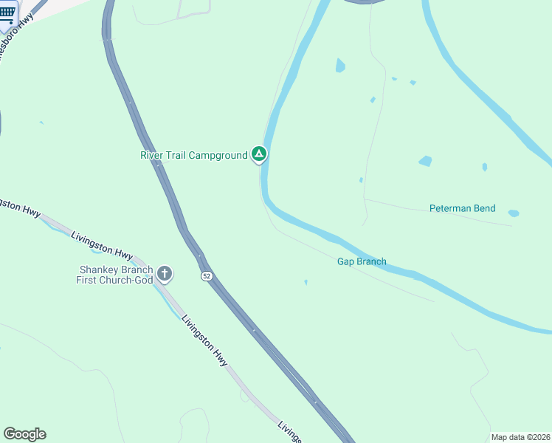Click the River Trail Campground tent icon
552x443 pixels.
[x=258, y=154]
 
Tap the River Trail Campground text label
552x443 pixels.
[x=193, y=155]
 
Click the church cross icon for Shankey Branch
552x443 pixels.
[x=164, y=275]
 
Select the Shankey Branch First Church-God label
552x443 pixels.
[x=114, y=275]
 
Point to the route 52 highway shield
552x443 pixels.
[x=206, y=275]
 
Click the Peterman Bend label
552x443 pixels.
[x=463, y=209]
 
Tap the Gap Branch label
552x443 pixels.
[x=362, y=261]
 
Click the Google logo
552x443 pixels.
[x=24, y=433]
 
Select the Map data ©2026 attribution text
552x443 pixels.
[x=520, y=437]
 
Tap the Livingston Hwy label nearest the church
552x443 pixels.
[x=100, y=247]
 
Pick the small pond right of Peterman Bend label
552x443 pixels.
[x=514, y=213]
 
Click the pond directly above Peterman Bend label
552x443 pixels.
[x=425, y=161]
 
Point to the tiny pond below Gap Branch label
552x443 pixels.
[x=306, y=281]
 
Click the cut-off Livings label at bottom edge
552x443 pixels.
[x=289, y=433]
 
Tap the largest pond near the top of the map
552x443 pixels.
[x=340, y=66]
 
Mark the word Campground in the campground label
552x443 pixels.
[x=218, y=155]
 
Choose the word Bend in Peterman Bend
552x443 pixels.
[x=484, y=209]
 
